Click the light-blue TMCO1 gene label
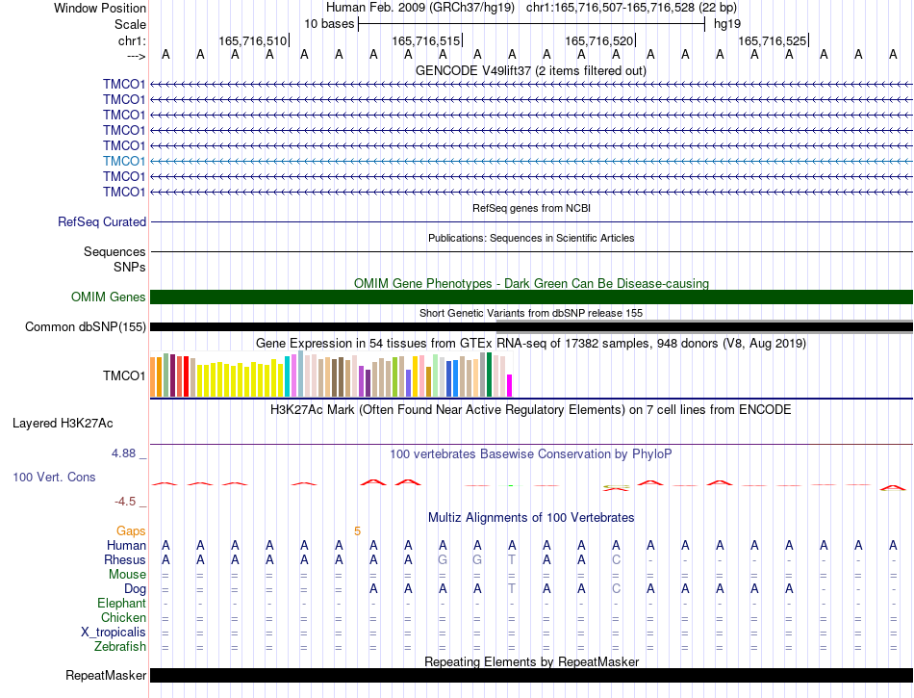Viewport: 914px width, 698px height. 123,161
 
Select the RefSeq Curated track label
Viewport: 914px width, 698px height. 102,222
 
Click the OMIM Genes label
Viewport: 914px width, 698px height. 109,297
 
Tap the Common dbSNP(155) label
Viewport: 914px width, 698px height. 86,326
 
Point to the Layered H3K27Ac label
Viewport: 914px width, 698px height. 63,424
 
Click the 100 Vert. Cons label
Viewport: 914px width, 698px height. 54,477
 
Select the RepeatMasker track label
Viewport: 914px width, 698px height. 106,675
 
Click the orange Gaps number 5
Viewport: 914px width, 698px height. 357,531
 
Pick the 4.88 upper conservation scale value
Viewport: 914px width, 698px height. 123,453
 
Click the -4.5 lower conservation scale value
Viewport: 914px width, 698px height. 125,502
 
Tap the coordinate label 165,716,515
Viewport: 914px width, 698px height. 426,40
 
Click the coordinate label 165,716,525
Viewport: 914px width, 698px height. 773,40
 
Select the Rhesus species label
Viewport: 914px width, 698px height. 125,559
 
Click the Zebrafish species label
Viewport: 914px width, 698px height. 120,647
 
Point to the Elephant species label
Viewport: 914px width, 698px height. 122,603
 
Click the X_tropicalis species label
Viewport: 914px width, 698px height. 114,633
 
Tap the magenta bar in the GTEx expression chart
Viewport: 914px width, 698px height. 510,385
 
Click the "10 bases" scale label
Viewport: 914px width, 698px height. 329,24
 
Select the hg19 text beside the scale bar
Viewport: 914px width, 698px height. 727,24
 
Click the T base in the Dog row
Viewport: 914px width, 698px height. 512,589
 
